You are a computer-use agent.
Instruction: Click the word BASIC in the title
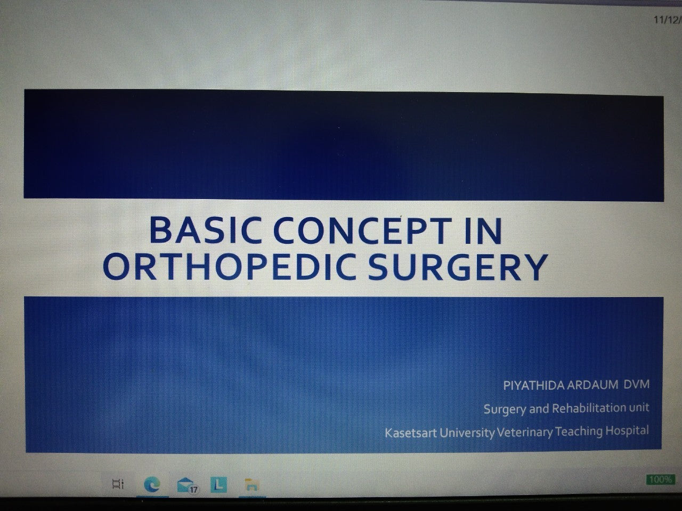click(x=205, y=230)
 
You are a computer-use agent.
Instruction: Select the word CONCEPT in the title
click(x=363, y=231)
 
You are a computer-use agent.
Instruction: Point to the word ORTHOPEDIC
click(x=229, y=267)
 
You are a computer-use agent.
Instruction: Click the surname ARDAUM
click(x=593, y=385)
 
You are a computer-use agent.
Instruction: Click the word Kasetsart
click(x=411, y=433)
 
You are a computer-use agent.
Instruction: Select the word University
click(x=467, y=433)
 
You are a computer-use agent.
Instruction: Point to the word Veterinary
click(x=525, y=432)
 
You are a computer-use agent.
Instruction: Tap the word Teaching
click(x=579, y=432)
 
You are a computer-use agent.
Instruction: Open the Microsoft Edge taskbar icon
click(x=152, y=484)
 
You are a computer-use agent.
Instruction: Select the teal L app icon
click(x=219, y=484)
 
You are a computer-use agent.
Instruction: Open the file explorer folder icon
click(x=251, y=485)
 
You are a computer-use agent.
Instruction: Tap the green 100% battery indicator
click(x=661, y=480)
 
